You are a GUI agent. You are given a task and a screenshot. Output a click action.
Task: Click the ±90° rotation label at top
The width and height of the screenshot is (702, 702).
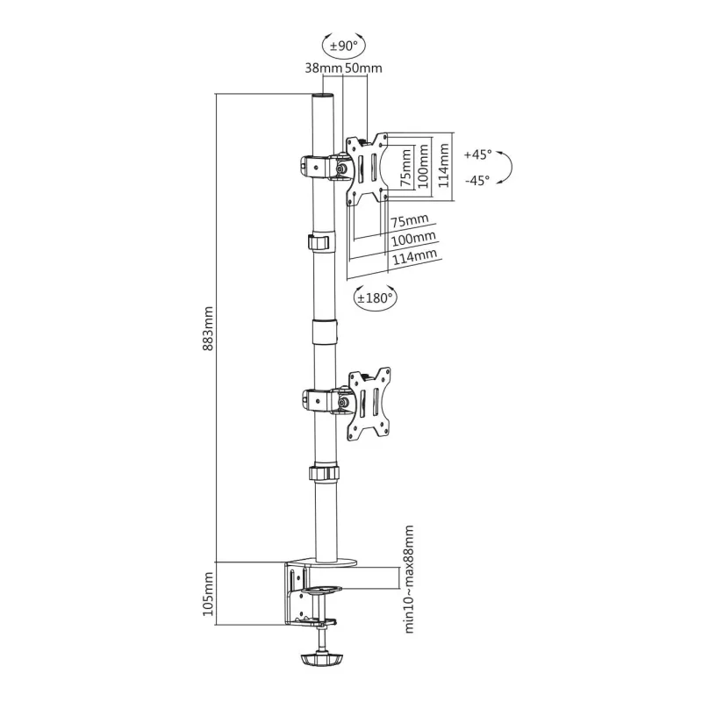pos(344,46)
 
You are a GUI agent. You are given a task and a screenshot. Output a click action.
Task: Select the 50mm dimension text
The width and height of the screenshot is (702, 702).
pos(363,68)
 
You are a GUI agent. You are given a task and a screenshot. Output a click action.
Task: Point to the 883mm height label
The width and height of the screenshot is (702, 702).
pos(208,328)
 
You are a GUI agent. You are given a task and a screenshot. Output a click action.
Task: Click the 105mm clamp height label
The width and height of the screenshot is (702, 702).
pos(208,594)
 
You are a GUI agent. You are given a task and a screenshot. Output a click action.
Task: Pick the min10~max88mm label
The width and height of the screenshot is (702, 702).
pos(409,579)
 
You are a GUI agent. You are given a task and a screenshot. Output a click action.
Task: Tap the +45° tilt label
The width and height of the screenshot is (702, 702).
pos(477,154)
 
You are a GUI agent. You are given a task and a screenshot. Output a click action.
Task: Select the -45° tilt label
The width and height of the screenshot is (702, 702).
pos(477,181)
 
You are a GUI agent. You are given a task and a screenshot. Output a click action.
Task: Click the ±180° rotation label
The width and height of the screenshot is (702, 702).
pos(375,297)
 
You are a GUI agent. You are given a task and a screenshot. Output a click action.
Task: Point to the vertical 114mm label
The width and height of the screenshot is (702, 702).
pos(443,165)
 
